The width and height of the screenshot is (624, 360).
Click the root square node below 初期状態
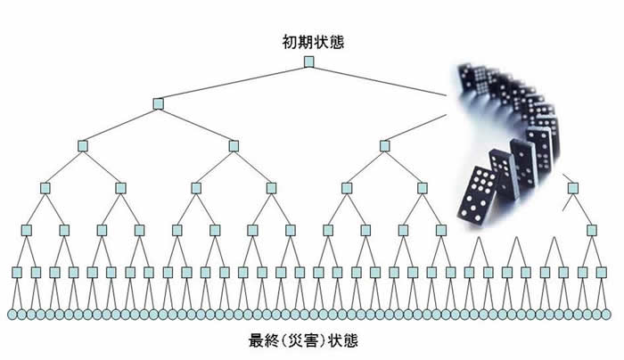(x=309, y=61)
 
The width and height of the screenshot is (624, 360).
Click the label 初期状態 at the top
(x=309, y=41)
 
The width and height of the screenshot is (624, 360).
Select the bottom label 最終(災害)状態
(x=305, y=341)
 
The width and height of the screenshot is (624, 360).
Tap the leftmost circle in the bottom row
(x=12, y=315)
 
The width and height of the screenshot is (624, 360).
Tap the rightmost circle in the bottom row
(x=612, y=315)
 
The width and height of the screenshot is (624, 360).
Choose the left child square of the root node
(x=158, y=103)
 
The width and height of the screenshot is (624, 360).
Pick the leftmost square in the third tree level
(x=83, y=145)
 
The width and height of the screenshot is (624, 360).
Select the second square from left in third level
(x=234, y=145)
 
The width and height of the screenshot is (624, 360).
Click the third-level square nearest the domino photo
(x=384, y=145)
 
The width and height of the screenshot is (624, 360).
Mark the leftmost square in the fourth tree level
(x=45, y=187)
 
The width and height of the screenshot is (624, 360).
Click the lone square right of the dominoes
(x=572, y=187)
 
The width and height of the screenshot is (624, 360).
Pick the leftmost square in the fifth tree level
(x=27, y=230)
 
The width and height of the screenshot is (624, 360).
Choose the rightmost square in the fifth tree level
(x=591, y=230)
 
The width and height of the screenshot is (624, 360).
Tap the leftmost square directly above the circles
(x=17, y=272)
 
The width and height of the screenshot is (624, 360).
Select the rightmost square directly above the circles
(x=601, y=272)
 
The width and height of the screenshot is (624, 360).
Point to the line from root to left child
(x=234, y=82)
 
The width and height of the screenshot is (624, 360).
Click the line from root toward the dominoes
(x=379, y=78)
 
